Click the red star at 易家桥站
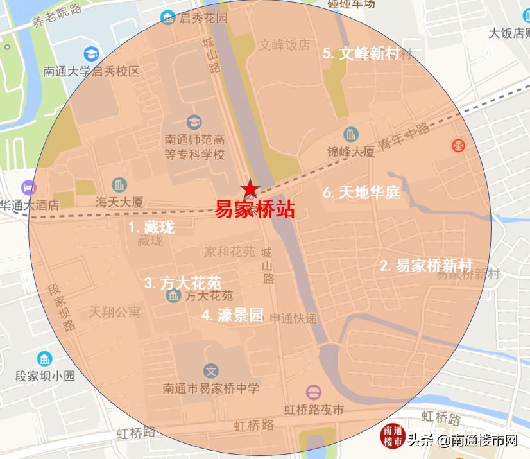250,189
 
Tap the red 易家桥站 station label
254,209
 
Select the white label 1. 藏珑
151,227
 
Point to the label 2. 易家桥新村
426,265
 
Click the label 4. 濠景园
232,315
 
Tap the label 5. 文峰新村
361,53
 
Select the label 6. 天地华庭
361,191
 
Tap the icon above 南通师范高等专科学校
193,121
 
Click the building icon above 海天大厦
119,185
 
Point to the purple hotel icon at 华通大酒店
28,188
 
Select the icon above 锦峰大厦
350,135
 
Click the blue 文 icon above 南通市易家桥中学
211,370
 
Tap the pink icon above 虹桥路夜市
314,392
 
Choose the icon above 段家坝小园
45,359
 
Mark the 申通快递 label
293,317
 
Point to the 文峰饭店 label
284,45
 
